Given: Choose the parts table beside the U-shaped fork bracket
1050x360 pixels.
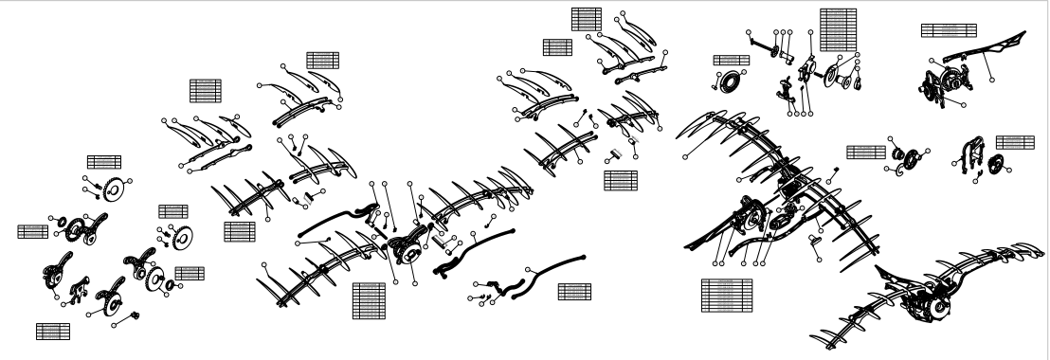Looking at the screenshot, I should pyautogui.click(x=1014, y=142).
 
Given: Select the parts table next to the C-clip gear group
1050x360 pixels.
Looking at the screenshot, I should pyautogui.click(x=864, y=152).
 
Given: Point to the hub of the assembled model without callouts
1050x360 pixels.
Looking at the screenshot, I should pyautogui.click(x=934, y=302).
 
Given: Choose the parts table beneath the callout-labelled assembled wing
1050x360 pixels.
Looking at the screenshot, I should pyautogui.click(x=726, y=295).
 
